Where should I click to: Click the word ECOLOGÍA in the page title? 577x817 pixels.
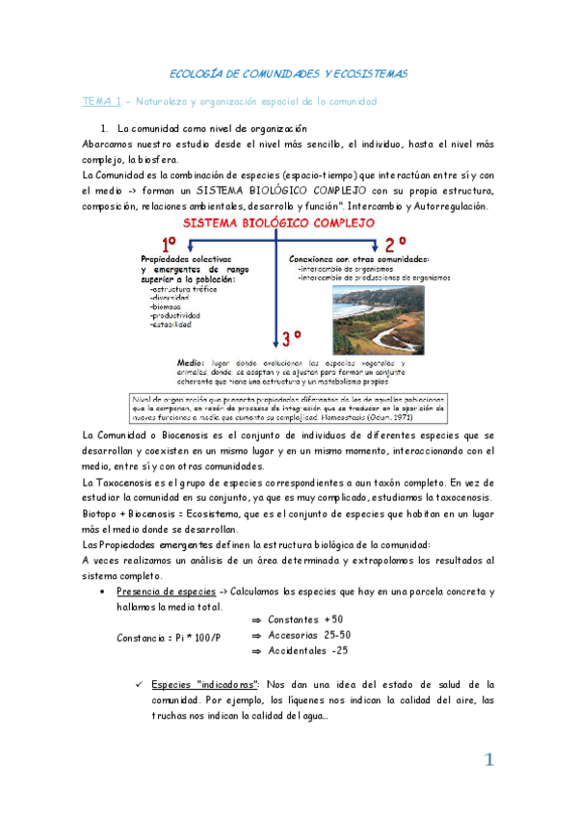pyautogui.click(x=194, y=73)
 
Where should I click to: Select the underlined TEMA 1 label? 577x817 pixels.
pyautogui.click(x=101, y=100)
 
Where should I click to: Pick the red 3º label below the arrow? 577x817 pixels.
pyautogui.click(x=292, y=337)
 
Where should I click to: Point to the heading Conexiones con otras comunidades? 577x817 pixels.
pyautogui.click(x=359, y=259)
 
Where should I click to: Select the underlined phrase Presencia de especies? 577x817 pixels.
pyautogui.click(x=158, y=591)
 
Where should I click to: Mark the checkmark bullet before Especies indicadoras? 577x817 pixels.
pyautogui.click(x=140, y=684)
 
